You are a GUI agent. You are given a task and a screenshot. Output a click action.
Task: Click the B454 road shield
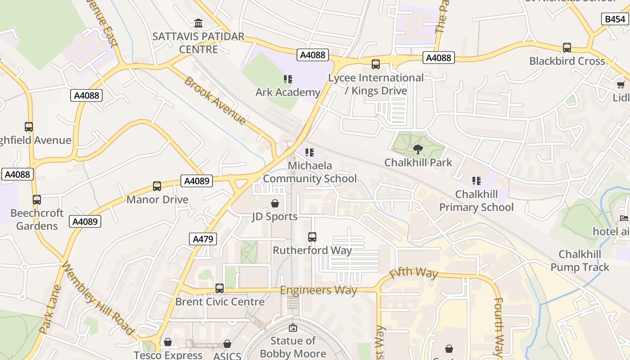tap(615, 19)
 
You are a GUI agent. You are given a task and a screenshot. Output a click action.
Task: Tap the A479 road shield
tap(203, 239)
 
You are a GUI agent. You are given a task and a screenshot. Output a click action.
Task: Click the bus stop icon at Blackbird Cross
tap(567, 48)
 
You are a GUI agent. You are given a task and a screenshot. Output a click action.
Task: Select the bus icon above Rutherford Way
tap(312, 237)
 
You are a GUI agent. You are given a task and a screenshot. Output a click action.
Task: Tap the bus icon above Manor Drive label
tap(157, 186)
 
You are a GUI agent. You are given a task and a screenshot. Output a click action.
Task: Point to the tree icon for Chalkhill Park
tap(418, 149)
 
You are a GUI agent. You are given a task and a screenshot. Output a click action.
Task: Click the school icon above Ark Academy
tap(288, 80)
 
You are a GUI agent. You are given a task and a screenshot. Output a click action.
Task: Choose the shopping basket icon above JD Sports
tap(275, 203)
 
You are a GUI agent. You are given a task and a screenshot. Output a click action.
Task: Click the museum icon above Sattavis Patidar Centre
tap(198, 23)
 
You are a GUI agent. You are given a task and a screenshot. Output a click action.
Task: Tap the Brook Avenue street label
tap(215, 101)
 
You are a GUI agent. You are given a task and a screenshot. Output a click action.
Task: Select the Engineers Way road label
tap(319, 290)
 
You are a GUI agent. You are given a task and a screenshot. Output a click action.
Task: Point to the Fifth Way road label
tap(414, 273)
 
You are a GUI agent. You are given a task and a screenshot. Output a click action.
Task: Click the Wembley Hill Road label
tap(98, 298)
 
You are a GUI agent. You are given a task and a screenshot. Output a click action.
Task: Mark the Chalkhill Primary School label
tap(477, 201)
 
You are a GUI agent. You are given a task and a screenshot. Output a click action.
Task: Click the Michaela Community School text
tap(310, 172)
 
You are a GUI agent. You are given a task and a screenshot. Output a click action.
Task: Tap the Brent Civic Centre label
tap(220, 301)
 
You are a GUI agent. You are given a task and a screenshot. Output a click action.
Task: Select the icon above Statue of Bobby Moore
tap(293, 328)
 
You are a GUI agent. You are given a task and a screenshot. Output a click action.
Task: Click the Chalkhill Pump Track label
tap(580, 261)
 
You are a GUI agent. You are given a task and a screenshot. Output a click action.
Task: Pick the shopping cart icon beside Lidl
tap(621, 85)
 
